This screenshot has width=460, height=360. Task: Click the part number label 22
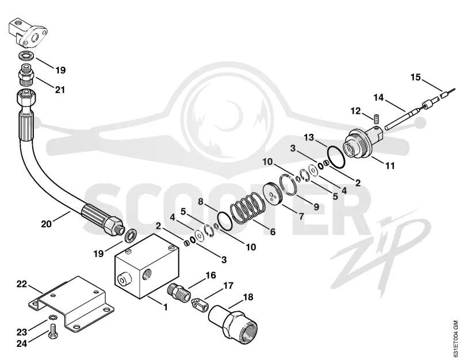click(x=22, y=284)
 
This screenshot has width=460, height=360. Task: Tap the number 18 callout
click(x=248, y=297)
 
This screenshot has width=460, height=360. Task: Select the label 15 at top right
click(x=415, y=78)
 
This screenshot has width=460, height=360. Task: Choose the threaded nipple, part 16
click(x=178, y=289)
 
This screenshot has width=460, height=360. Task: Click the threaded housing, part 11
click(x=363, y=141)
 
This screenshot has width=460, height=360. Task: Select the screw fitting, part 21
click(x=27, y=78)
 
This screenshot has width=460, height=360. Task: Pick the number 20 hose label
click(x=47, y=224)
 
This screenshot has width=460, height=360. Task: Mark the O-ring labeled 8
click(x=225, y=220)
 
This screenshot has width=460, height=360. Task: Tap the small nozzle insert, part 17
click(x=200, y=304)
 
